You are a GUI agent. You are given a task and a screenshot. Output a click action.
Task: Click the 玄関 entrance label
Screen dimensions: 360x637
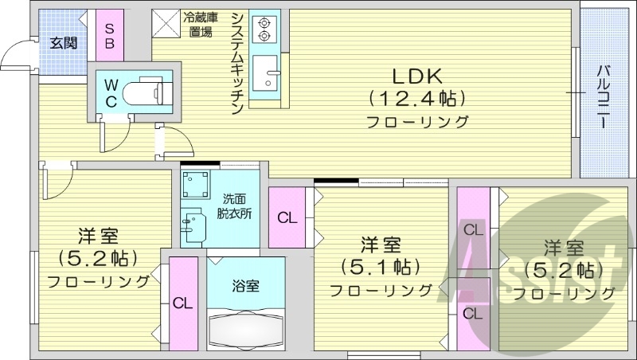[64, 43]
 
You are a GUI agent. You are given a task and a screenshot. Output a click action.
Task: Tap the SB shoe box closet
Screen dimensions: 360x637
[109, 34]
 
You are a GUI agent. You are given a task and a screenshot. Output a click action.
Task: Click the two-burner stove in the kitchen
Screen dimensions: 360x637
[262, 29]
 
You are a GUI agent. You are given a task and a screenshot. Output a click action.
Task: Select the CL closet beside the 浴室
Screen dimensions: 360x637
[183, 303]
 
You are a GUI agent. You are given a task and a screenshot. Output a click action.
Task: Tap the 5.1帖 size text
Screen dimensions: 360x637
[379, 265]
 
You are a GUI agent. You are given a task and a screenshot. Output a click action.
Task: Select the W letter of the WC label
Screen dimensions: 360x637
[111, 84]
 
